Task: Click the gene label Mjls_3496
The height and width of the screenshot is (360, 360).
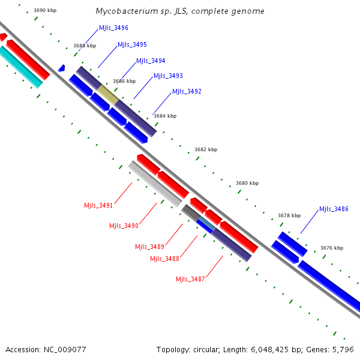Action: point(113,28)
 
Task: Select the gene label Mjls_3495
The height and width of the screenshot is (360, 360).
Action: point(132,45)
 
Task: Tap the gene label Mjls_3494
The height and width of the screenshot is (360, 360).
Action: point(151,61)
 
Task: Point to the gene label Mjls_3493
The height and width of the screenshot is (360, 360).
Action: point(168,76)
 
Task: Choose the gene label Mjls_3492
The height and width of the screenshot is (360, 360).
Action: point(187,92)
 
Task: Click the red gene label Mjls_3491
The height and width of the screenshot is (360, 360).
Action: point(98,205)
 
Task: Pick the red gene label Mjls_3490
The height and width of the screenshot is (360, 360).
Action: point(124,226)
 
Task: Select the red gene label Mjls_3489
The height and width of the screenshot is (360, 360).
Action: point(149,247)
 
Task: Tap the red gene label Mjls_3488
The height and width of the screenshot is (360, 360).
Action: point(164,259)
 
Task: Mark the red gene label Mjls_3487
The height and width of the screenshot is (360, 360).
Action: point(190,279)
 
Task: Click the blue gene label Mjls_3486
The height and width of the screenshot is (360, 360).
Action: point(334,209)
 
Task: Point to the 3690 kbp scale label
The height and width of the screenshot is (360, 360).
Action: point(45,11)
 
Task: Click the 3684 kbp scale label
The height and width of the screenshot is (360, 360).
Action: point(165,116)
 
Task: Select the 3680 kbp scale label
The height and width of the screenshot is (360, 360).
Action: point(247,183)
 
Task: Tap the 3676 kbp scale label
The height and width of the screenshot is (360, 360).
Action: point(332,248)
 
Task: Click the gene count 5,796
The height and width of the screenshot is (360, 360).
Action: point(346,349)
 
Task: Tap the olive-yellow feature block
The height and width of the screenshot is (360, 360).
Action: point(109,94)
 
